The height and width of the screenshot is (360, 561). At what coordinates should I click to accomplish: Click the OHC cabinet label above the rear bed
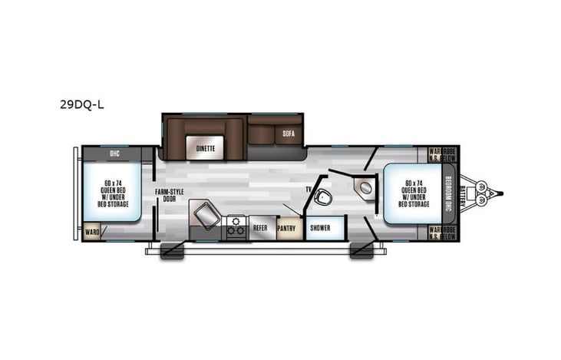tap(114, 153)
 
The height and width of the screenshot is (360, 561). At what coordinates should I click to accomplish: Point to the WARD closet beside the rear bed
tap(92, 230)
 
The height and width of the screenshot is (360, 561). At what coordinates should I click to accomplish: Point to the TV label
tap(308, 189)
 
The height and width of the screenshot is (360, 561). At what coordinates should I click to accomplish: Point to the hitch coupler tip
tap(502, 191)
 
